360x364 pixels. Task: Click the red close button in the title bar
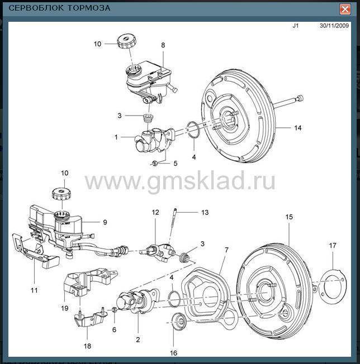point(345,8)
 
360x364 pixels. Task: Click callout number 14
point(298,128)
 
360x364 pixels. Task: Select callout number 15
point(288,215)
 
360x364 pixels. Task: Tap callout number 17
point(333,246)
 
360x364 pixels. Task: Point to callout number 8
point(163,45)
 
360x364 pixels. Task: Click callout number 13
point(205,212)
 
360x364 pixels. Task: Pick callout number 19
point(65,308)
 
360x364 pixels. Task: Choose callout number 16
point(173,353)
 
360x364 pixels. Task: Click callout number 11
point(34,290)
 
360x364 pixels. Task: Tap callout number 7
point(226,250)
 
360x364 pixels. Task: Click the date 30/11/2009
point(334,26)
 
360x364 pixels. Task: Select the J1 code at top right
point(296,26)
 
